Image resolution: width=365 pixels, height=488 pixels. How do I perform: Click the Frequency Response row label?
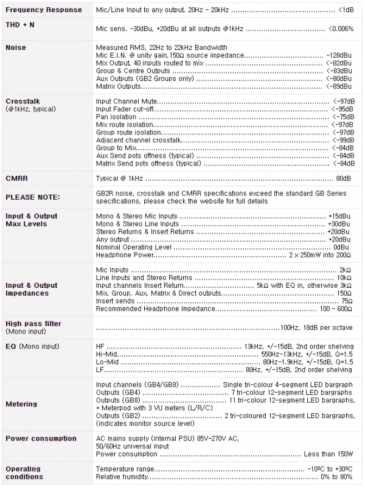pyautogui.click(x=43, y=10)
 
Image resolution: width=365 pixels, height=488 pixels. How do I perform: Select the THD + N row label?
pyautogui.click(x=20, y=25)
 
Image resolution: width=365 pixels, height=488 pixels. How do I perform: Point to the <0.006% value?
pyautogui.click(x=340, y=29)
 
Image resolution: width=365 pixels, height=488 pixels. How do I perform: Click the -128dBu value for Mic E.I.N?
pyautogui.click(x=339, y=55)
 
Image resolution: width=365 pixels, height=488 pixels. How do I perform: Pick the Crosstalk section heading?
pyautogui.click(x=23, y=101)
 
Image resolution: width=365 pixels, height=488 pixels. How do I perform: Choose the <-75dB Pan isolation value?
pyautogui.click(x=342, y=116)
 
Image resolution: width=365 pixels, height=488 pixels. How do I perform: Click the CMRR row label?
pyautogui.click(x=17, y=179)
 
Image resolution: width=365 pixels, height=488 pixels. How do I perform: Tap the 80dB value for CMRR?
pyautogui.click(x=344, y=179)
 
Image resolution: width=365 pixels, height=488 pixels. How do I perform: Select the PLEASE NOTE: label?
pyautogui.click(x=33, y=197)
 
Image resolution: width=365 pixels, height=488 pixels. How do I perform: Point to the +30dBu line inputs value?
pyautogui.click(x=339, y=224)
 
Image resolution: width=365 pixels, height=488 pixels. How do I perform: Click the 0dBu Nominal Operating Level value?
pyautogui.click(x=342, y=248)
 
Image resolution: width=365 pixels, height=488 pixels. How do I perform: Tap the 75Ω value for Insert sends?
pyautogui.click(x=346, y=301)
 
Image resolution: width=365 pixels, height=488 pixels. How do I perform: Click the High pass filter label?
pyautogui.click(x=33, y=324)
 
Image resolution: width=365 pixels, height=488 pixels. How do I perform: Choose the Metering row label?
pyautogui.click(x=22, y=404)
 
